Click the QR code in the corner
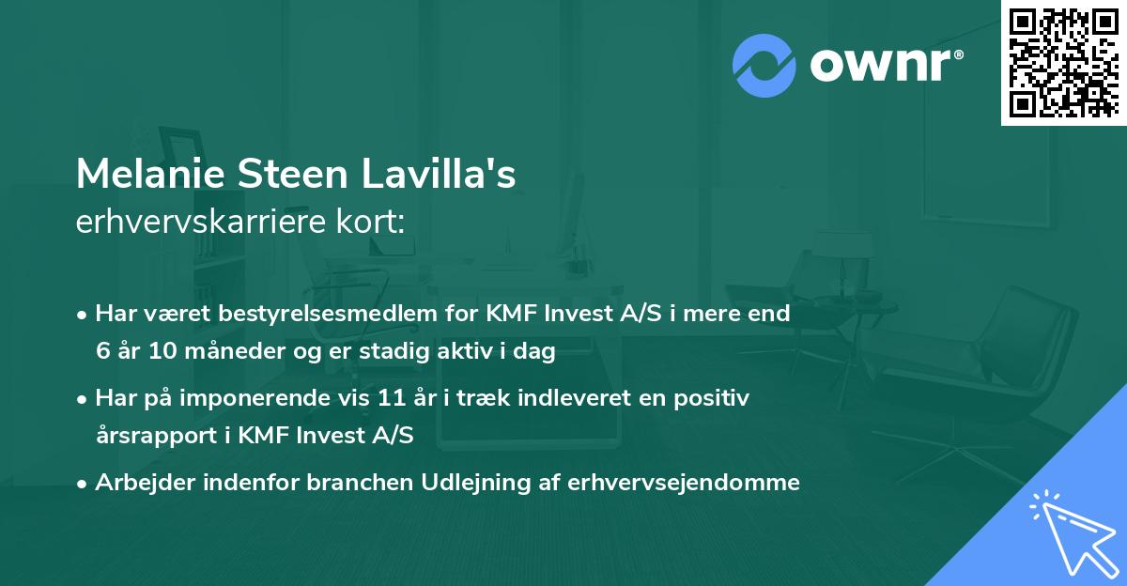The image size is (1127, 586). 1064,62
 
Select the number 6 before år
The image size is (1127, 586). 102,352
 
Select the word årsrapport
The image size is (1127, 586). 150,437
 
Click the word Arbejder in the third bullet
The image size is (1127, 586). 138,483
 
